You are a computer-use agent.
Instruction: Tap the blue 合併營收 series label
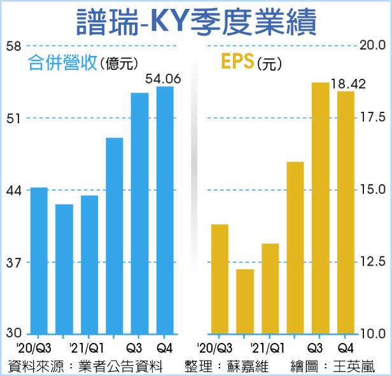point(61,63)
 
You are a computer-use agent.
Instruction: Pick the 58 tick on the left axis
point(14,46)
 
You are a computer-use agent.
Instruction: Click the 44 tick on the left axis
point(14,190)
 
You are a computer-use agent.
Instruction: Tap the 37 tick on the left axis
point(14,262)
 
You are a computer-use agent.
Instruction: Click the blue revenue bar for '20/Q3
point(39,260)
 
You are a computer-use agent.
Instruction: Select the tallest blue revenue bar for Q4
point(165,210)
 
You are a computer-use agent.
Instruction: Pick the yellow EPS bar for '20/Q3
point(220,279)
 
